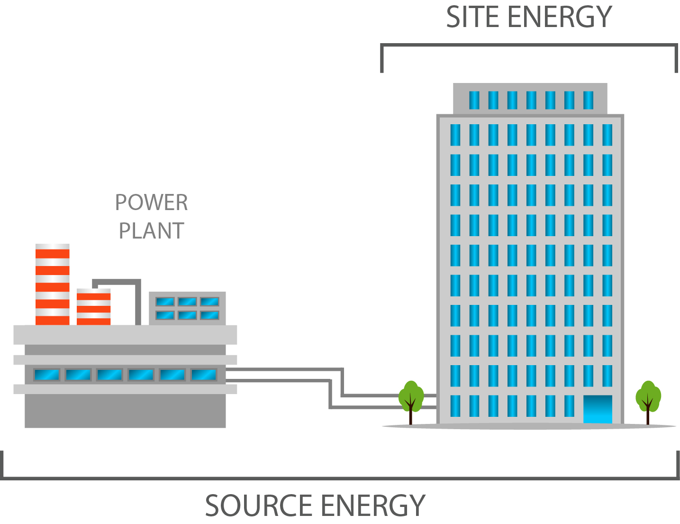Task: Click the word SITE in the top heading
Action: tap(474, 18)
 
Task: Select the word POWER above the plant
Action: tap(151, 203)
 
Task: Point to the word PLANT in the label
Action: tap(151, 231)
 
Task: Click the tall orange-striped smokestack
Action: tap(52, 285)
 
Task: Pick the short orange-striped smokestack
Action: tap(93, 307)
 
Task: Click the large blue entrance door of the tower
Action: tap(597, 409)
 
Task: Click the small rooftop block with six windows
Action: tap(187, 308)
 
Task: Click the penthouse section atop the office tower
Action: tap(530, 99)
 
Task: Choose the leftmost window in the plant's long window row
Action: tap(46, 375)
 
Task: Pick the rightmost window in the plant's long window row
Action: tap(204, 375)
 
